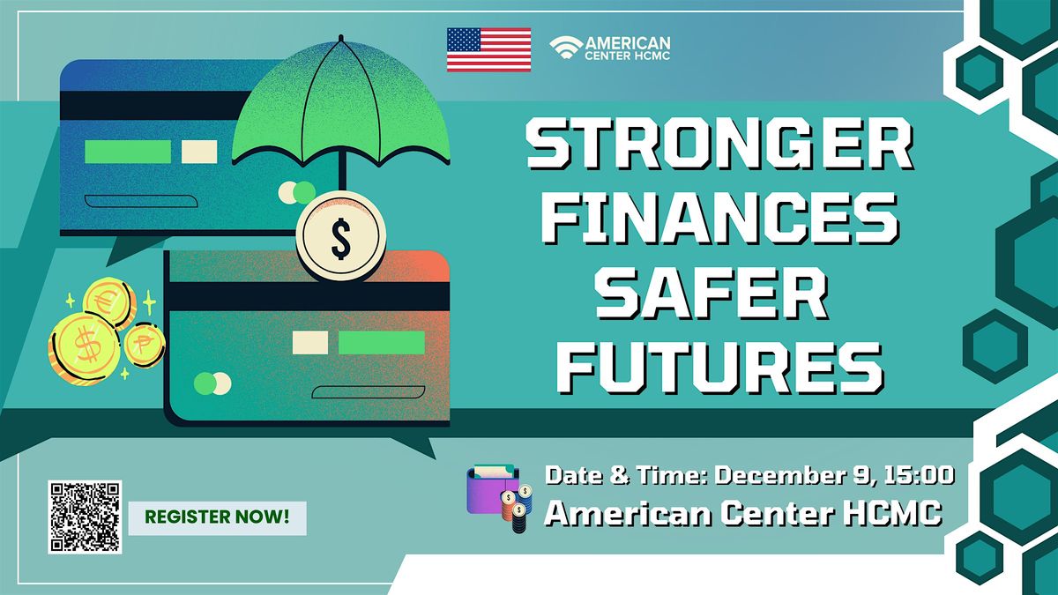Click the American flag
tap(488, 49)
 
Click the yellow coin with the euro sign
tap(107, 300)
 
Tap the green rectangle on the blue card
tap(128, 152)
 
